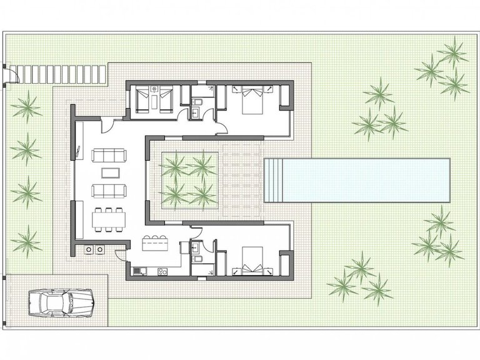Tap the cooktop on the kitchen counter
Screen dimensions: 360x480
(x=162, y=271)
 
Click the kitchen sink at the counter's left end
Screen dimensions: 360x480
(x=139, y=271)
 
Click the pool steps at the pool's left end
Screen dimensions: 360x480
(x=270, y=180)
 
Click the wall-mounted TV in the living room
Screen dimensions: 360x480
(x=79, y=150)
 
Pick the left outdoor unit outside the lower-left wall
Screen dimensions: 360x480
(x=88, y=249)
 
